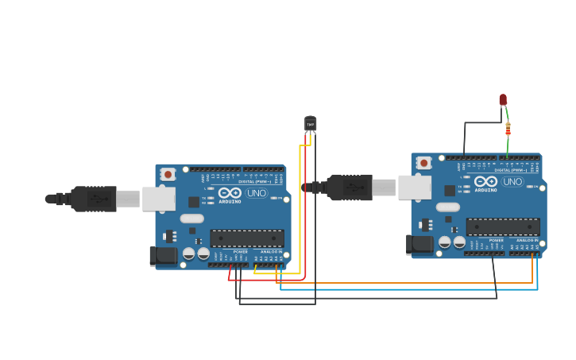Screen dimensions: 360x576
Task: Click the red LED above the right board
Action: (503, 99)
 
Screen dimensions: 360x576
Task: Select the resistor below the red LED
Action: (508, 130)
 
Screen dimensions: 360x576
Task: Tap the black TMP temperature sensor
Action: (310, 123)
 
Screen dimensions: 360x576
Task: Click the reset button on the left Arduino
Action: (168, 174)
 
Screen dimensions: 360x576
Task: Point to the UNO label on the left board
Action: (257, 193)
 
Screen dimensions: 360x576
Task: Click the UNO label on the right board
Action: (512, 182)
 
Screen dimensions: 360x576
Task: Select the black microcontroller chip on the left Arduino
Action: (246, 238)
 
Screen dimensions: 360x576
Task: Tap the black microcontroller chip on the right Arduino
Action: (502, 226)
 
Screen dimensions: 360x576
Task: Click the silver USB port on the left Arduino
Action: (159, 199)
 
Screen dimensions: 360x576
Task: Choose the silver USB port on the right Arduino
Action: (415, 188)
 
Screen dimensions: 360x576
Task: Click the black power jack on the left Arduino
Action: (164, 255)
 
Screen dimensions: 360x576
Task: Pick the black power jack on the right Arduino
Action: (419, 244)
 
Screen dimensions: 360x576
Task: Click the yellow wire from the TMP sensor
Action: (300, 207)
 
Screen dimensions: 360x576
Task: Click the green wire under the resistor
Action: (508, 147)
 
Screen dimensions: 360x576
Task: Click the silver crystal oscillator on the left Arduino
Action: (191, 219)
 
